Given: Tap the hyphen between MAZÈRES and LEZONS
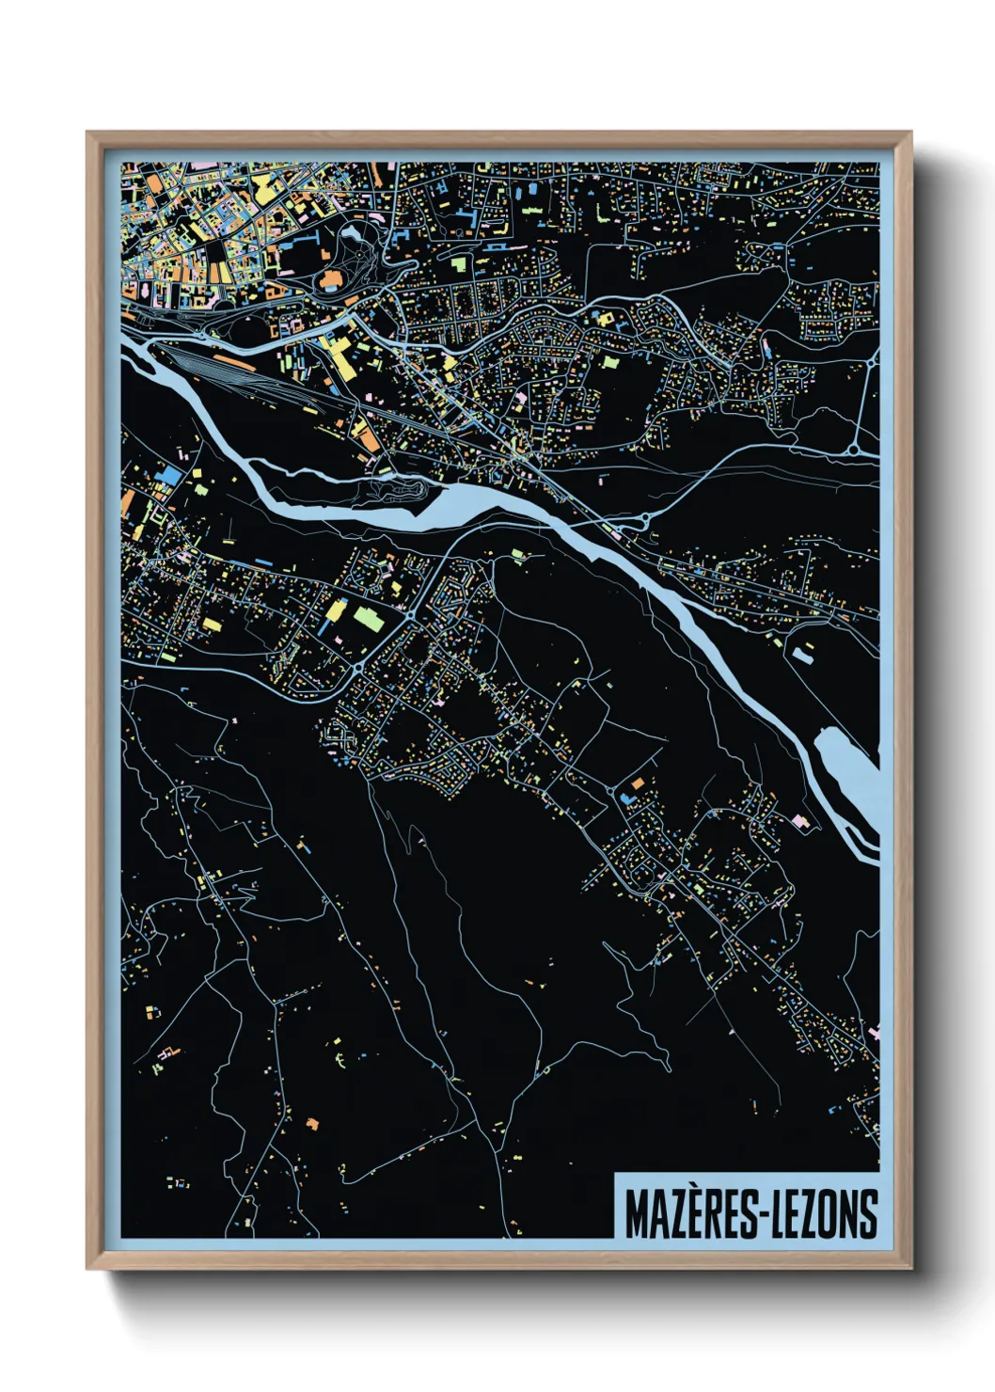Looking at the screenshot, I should pyautogui.click(x=765, y=1217).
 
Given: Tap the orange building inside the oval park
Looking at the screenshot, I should pyautogui.click(x=331, y=278).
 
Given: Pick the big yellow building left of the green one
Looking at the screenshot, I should pyautogui.click(x=335, y=612).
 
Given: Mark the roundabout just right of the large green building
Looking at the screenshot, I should pyautogui.click(x=411, y=615).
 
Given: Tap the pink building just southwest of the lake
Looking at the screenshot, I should pyautogui.click(x=800, y=821).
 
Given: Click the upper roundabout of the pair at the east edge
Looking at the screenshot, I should pyautogui.click(x=875, y=359).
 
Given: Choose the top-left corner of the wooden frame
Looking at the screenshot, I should pyautogui.click(x=88, y=134).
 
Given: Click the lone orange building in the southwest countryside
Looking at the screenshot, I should pyautogui.click(x=312, y=1123).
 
